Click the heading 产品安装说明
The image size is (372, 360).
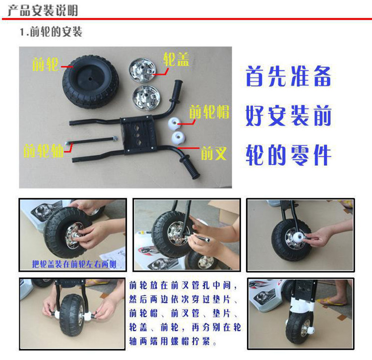pyautogui.click(x=43, y=10)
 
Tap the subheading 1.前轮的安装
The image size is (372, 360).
pyautogui.click(x=51, y=32)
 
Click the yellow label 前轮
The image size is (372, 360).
pyautogui.click(x=45, y=64)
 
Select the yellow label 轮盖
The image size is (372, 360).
pyautogui.click(x=176, y=60)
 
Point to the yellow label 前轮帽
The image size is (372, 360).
pyautogui.click(x=209, y=112)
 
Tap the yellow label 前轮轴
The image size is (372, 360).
pyautogui.click(x=44, y=150)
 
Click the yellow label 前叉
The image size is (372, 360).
pyautogui.click(x=214, y=153)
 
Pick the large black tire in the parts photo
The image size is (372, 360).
pyautogui.click(x=91, y=81)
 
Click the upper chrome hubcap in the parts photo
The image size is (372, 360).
pyautogui.click(x=142, y=70)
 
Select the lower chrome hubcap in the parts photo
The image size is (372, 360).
pyautogui.click(x=145, y=98)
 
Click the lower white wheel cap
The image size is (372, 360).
pyautogui.click(x=179, y=138)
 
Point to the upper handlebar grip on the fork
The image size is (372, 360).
pyautogui.click(x=178, y=90)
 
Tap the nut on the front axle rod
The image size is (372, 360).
pyautogui.click(x=115, y=138)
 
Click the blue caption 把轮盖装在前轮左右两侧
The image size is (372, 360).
pyautogui.click(x=74, y=264)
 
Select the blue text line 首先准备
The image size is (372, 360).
pyautogui.click(x=289, y=76)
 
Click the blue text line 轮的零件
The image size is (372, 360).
pyautogui.click(x=289, y=155)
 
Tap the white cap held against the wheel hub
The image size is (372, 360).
pyautogui.click(x=299, y=238)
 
